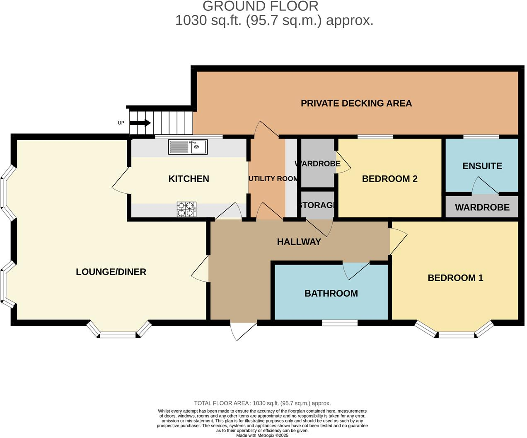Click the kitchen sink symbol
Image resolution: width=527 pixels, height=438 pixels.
tap(188, 147)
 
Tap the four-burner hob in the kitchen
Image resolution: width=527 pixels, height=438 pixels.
tap(186, 209)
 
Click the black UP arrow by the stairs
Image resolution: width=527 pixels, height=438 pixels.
tap(140, 123)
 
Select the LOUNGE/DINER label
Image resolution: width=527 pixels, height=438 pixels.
tap(111, 272)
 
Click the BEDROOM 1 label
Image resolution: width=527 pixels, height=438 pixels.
tap(455, 278)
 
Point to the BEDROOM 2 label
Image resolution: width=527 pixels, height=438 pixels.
tap(389, 179)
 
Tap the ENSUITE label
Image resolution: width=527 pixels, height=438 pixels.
tap(482, 166)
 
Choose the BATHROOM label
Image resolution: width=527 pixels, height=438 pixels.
tap(331, 294)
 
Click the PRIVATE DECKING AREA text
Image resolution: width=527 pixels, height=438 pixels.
tap(356, 103)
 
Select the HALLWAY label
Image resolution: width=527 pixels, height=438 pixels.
tap(299, 242)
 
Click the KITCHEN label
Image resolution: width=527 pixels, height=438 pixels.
tap(189, 179)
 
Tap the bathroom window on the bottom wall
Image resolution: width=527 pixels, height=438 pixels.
tap(340, 323)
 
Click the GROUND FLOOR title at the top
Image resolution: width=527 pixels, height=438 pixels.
tap(260, 6)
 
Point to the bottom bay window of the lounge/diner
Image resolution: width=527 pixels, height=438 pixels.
tap(118, 332)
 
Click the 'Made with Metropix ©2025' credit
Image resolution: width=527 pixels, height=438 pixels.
tap(262, 436)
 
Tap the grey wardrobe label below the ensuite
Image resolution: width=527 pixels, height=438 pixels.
tap(482, 207)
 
